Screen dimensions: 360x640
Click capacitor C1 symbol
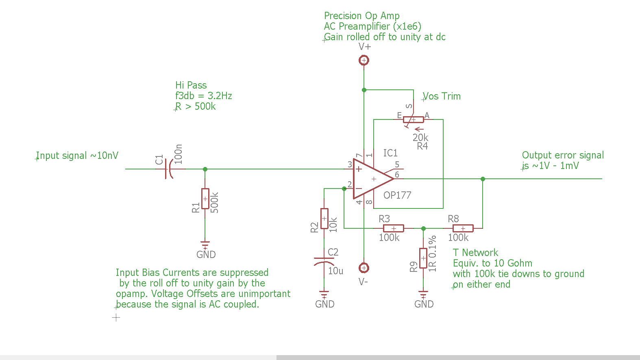tap(168, 169)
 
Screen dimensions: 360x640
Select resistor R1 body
tap(205, 199)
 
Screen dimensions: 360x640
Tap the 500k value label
tap(215, 203)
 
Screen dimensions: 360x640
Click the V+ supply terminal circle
tap(364, 61)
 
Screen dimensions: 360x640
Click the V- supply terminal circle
tap(364, 268)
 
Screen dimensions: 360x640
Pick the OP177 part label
tap(397, 195)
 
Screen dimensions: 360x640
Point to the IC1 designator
tap(390, 153)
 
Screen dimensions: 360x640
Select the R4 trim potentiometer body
tap(414, 119)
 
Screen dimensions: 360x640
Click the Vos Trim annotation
tap(442, 96)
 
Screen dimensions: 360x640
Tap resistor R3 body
tap(394, 228)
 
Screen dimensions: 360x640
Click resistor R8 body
tap(463, 228)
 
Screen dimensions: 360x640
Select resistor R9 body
tap(423, 258)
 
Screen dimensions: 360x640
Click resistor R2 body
tap(324, 219)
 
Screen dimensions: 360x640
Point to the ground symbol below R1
tap(205, 245)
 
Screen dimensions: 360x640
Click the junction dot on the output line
tap(483, 179)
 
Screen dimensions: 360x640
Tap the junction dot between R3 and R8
tap(423, 228)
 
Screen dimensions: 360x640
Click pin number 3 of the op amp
tap(350, 165)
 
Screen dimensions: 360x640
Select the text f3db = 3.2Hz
tap(204, 96)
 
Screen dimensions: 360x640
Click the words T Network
tap(475, 253)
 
